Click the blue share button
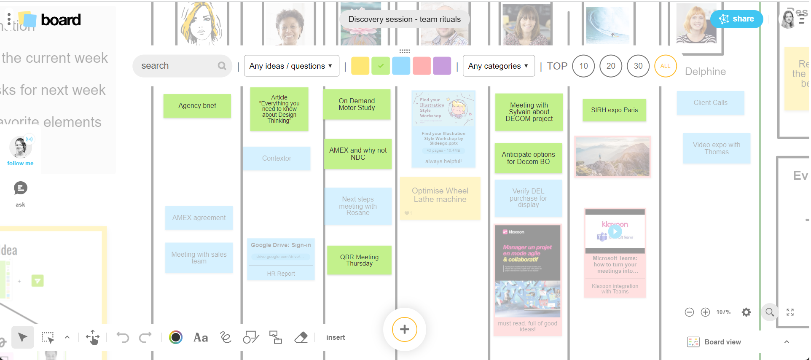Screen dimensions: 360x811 tap(736, 19)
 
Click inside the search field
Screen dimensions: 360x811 tap(177, 66)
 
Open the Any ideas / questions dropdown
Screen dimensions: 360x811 tap(291, 66)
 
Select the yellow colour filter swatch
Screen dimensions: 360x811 tap(360, 66)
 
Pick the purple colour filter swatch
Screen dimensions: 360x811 tap(442, 66)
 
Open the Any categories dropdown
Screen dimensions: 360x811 tap(498, 66)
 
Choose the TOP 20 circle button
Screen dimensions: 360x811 tap(610, 66)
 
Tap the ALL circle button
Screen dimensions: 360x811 tap(665, 66)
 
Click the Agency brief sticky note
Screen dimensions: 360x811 tap(197, 105)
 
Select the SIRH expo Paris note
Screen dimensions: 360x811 tap(614, 110)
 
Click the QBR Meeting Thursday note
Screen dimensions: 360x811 tap(359, 260)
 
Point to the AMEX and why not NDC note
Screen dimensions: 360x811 tap(358, 154)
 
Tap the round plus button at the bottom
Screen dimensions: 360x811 tap(404, 329)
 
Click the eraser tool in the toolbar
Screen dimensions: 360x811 tap(301, 337)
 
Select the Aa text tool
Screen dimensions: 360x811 tap(201, 337)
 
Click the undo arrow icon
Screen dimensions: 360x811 tap(123, 337)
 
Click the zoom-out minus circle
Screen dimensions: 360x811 tap(689, 312)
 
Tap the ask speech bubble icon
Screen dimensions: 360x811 tap(20, 188)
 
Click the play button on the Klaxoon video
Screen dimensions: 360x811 tap(615, 231)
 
